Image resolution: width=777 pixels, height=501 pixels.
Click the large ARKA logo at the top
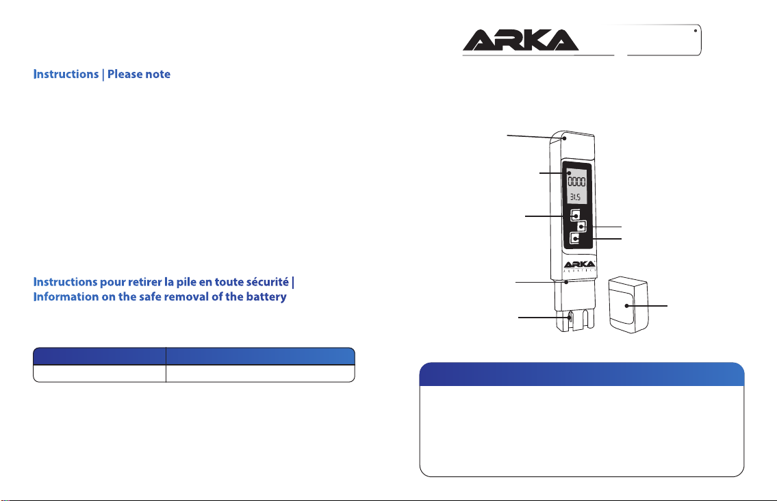[x=520, y=40]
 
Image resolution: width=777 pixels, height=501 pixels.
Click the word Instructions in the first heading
[x=66, y=75]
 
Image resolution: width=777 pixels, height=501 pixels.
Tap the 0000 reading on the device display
[x=576, y=181]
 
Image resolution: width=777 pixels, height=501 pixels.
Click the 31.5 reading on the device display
[x=575, y=197]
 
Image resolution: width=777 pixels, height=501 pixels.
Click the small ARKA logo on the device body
[x=580, y=265]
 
